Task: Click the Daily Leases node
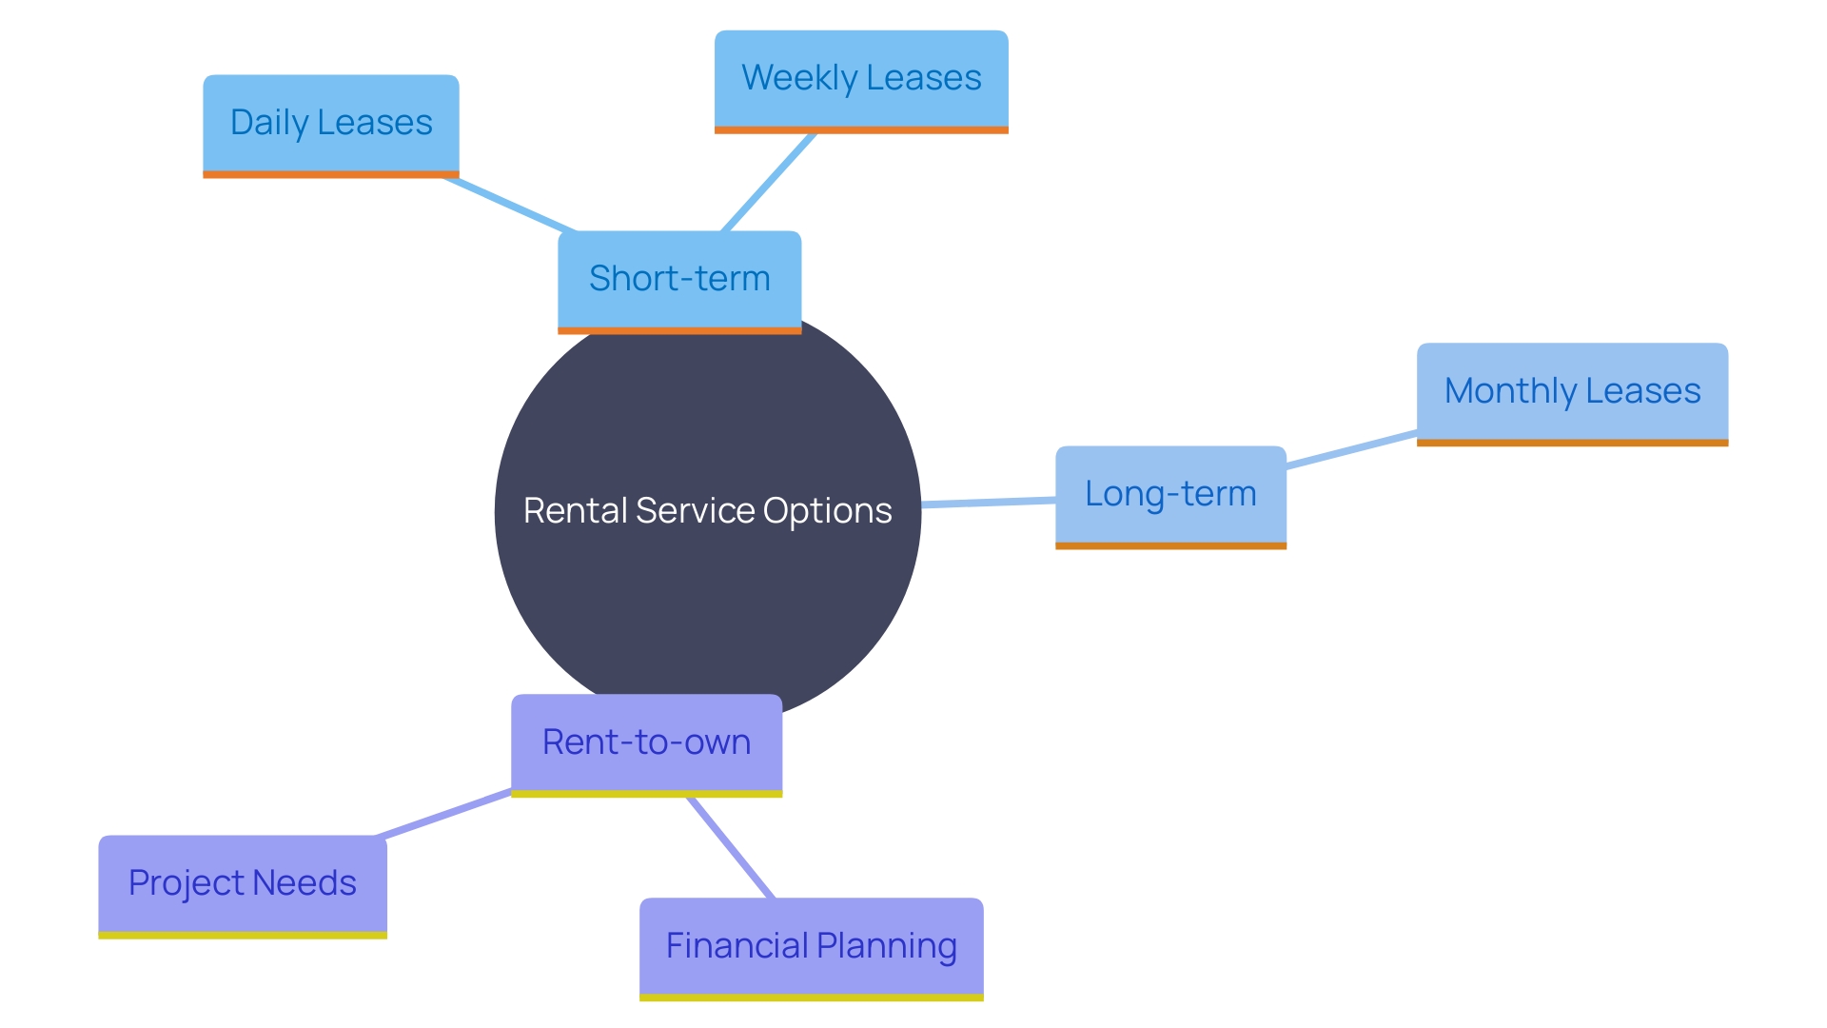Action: click(330, 123)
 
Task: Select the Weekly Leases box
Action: click(861, 78)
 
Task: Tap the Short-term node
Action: click(678, 279)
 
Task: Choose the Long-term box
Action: click(1170, 494)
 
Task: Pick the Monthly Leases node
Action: click(1572, 391)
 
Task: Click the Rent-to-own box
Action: click(646, 742)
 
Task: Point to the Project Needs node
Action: click(242, 883)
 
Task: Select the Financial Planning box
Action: click(811, 946)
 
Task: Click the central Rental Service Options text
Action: click(707, 511)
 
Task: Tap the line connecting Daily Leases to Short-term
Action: click(509, 204)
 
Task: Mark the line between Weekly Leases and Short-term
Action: click(769, 182)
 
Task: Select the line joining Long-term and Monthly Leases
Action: click(1351, 450)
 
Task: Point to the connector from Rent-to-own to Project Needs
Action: click(444, 814)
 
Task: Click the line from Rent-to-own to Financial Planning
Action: click(731, 847)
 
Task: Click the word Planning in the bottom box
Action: click(886, 946)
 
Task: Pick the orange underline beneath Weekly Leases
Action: click(861, 130)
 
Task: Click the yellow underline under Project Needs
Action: click(242, 936)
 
